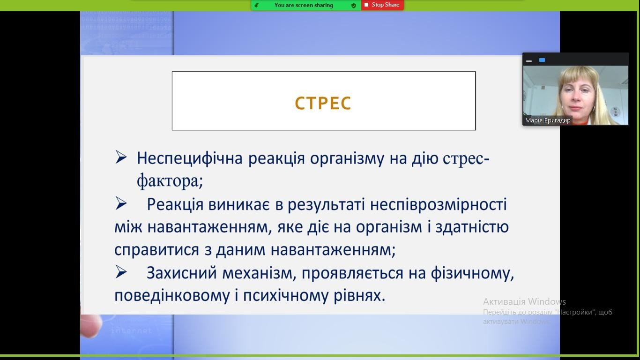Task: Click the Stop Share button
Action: pos(382,5)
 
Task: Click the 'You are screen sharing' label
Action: pos(304,5)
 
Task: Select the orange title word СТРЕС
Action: pos(323,103)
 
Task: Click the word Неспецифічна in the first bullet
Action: pos(190,158)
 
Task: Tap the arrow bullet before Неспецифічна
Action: pos(121,157)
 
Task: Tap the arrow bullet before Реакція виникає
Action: pos(121,203)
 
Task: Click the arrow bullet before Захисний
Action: pos(121,272)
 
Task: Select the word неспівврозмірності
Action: pos(439,205)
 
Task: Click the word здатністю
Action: pos(472,227)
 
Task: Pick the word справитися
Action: pos(156,250)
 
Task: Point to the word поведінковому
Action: pos(172,296)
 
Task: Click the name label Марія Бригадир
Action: pos(548,120)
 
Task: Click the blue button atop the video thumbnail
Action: pos(542,60)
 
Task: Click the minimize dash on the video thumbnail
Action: pos(529,61)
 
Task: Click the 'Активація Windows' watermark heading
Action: pos(524,302)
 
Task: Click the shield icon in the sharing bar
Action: pos(354,6)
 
